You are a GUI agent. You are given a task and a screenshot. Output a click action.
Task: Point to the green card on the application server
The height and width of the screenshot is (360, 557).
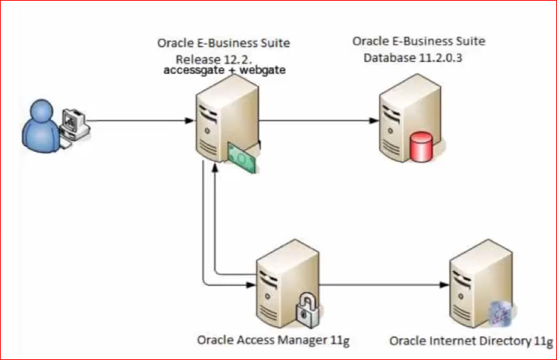241,156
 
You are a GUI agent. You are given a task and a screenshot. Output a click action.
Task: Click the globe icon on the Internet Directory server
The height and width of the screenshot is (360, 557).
498,314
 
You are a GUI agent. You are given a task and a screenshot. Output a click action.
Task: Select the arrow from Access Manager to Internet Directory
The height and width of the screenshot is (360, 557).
382,284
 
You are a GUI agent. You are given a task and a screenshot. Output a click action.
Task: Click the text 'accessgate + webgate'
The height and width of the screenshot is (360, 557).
225,70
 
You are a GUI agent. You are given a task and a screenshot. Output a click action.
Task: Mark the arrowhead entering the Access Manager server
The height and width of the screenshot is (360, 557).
249,284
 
